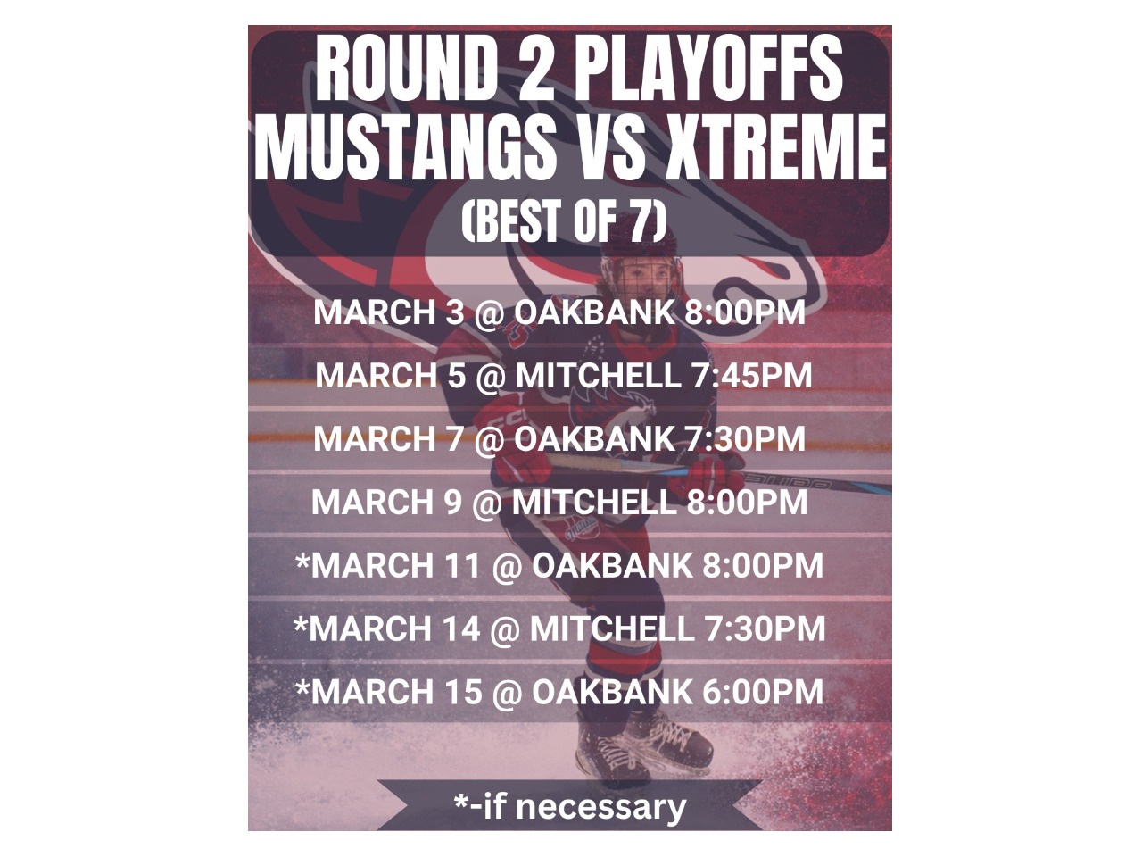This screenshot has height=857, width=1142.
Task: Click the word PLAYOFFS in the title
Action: (708, 70)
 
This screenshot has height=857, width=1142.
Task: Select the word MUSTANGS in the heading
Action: (405, 146)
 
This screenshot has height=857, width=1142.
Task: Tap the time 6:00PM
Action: (763, 692)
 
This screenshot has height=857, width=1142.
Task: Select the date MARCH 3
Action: (388, 312)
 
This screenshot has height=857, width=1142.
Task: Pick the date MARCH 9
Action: (386, 502)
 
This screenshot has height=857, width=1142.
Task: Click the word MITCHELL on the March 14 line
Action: (612, 628)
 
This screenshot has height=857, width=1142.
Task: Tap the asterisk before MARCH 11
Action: (302, 562)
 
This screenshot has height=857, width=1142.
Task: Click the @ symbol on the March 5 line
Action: (491, 376)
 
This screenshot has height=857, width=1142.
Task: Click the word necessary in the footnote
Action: (601, 808)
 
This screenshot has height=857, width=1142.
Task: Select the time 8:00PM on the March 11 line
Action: (763, 566)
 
